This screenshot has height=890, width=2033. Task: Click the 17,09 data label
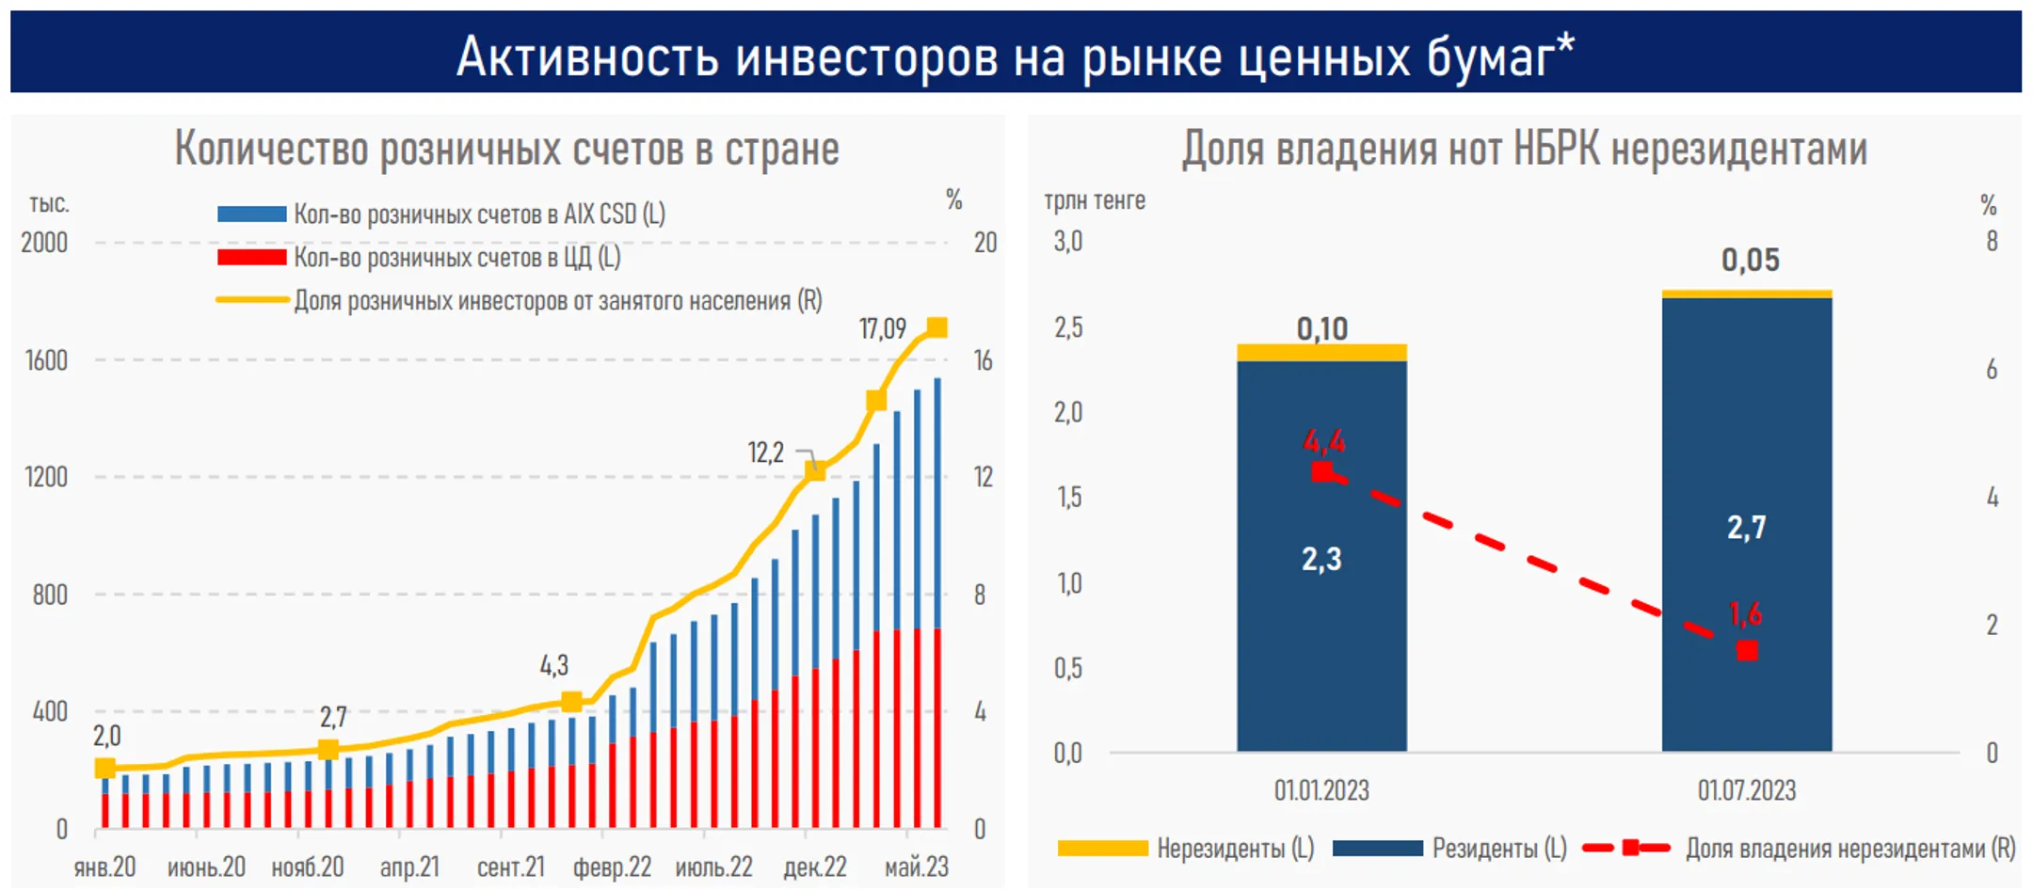pyautogui.click(x=882, y=328)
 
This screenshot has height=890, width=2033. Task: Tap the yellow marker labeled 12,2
pyautogui.click(x=815, y=470)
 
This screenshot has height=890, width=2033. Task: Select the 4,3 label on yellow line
pyautogui.click(x=554, y=666)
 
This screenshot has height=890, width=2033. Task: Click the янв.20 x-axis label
pyautogui.click(x=104, y=866)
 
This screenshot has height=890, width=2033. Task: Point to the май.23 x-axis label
pyautogui.click(x=916, y=866)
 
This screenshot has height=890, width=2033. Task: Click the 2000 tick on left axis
pyautogui.click(x=44, y=243)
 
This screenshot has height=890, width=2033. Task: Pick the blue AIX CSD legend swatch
pyautogui.click(x=251, y=215)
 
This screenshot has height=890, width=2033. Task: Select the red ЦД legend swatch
pyautogui.click(x=251, y=257)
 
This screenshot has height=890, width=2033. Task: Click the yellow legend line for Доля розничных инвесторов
pyautogui.click(x=251, y=300)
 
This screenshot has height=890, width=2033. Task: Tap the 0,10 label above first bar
pyautogui.click(x=1321, y=328)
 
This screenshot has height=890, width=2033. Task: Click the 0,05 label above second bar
pyautogui.click(x=1750, y=260)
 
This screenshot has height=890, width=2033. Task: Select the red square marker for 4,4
pyautogui.click(x=1321, y=471)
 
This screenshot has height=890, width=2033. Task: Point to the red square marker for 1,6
pyautogui.click(x=1747, y=650)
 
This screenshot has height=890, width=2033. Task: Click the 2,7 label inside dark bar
pyautogui.click(x=1746, y=528)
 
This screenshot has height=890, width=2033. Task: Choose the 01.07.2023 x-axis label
pyautogui.click(x=1746, y=790)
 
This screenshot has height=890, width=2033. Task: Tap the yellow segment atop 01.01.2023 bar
pyautogui.click(x=1321, y=353)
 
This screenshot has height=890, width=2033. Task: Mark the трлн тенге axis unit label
pyautogui.click(x=1095, y=200)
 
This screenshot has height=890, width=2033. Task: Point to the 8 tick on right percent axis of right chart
pyautogui.click(x=1992, y=242)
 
